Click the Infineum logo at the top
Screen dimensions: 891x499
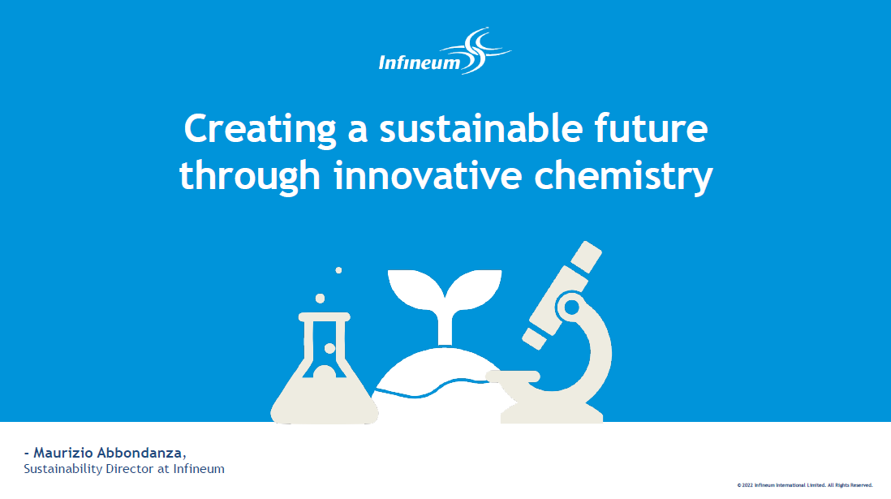coord(445,51)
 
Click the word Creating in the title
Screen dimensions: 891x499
coord(260,130)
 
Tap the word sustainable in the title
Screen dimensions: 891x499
coord(480,128)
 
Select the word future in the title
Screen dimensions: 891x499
coord(651,128)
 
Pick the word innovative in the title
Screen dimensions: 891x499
coord(428,175)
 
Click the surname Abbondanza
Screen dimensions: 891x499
coord(141,453)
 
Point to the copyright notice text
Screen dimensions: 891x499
coord(805,485)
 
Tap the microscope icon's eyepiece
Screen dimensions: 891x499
coord(587,257)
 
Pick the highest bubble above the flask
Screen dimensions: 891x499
coord(338,270)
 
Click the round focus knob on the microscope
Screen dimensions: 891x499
coord(571,308)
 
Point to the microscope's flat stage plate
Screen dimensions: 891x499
coord(513,376)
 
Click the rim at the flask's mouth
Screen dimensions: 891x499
coord(325,316)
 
